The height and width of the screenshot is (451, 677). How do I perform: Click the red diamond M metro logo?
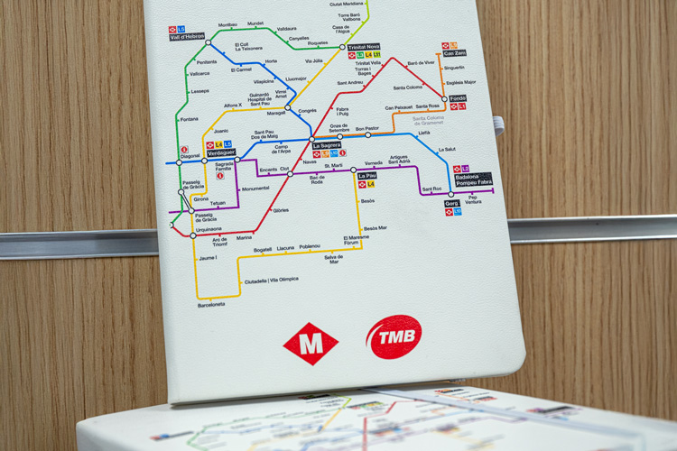(x=311, y=344)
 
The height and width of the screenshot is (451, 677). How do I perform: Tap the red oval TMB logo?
(x=394, y=336)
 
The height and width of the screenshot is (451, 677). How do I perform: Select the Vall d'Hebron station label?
(x=187, y=36)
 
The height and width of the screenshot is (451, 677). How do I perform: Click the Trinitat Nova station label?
(x=364, y=47)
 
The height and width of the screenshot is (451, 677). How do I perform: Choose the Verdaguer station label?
(x=220, y=152)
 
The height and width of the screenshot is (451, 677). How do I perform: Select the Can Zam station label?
(x=455, y=53)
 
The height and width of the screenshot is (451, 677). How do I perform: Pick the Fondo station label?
(x=458, y=98)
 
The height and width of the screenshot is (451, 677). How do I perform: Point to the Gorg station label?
(x=452, y=204)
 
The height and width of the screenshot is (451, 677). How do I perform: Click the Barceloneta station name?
(x=211, y=305)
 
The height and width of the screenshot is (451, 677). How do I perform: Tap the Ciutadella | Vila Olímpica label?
(x=271, y=280)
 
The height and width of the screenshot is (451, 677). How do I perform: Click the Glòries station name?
(x=281, y=210)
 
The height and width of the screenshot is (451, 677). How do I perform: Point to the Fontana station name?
(x=190, y=119)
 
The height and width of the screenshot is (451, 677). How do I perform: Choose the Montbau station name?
(x=227, y=24)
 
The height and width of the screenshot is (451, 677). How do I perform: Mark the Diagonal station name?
(x=190, y=156)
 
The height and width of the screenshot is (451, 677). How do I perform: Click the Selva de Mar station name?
(x=334, y=259)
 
